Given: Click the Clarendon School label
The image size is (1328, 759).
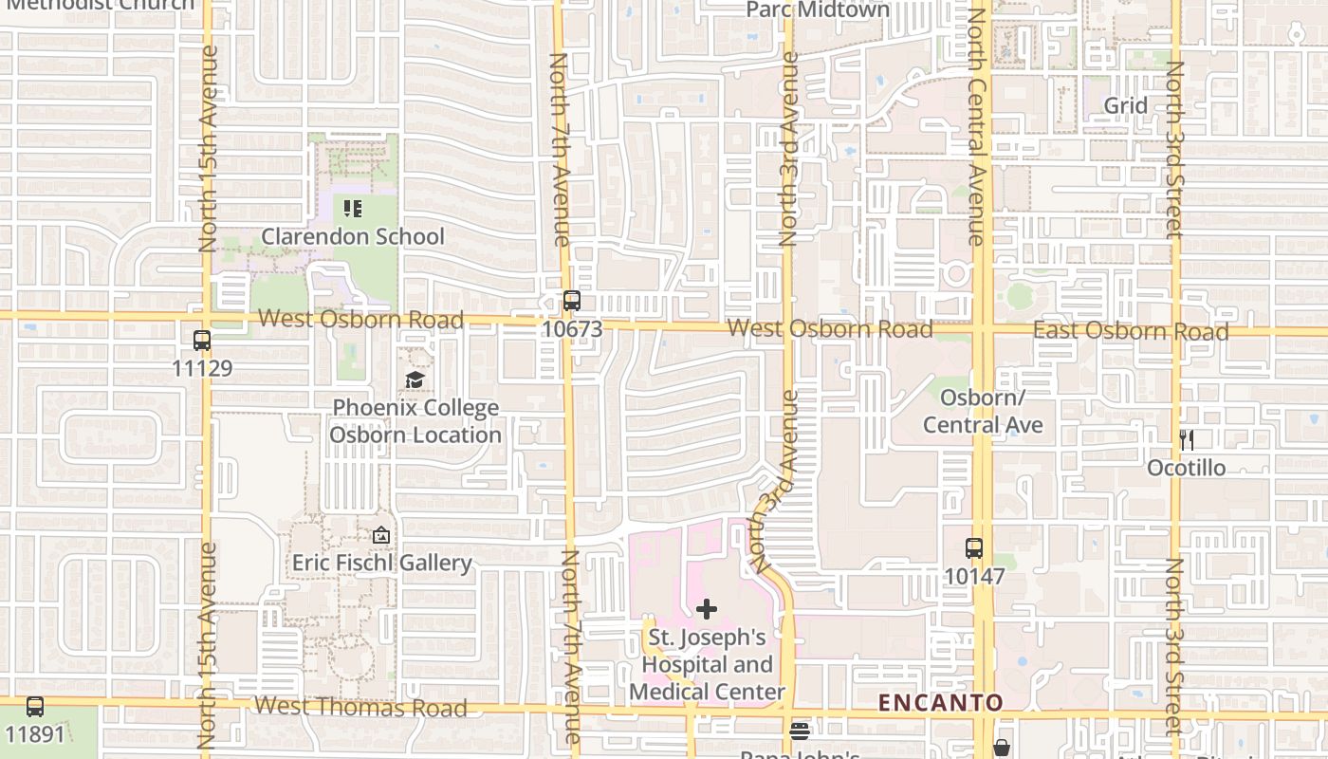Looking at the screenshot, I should pos(353,236).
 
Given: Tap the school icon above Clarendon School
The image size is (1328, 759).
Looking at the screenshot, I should pos(353,208).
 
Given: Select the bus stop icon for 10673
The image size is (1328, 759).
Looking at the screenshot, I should pos(572,301).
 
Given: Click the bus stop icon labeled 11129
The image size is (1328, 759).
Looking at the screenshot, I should pos(202,340).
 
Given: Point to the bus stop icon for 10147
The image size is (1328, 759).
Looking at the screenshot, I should pos(974,548).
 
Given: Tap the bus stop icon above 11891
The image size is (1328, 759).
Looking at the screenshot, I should pos(35,707).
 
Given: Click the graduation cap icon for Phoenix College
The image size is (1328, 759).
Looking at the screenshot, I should pos(415,380).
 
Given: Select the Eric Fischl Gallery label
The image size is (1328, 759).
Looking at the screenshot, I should pos(381,563).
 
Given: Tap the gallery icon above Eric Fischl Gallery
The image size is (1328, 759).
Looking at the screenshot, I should pos(381,536).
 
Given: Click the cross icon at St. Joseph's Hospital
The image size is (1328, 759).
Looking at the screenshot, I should pos(707,609).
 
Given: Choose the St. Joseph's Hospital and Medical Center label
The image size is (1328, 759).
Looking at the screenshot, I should pos(707,664).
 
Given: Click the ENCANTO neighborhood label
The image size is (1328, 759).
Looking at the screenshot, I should pos(940,703).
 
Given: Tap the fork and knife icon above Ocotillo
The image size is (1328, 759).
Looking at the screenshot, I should pos(1186,439).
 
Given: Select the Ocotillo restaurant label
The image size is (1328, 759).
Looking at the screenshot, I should pos(1186,468).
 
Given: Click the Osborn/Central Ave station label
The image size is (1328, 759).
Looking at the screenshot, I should pos(983,411).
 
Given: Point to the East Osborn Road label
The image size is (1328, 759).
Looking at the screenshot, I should pos(1130,331).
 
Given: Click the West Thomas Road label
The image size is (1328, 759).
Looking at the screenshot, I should pos(360,707).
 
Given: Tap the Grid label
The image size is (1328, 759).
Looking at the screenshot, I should pos(1126,105).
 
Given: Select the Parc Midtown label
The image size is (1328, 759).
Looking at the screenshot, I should pos(818,9).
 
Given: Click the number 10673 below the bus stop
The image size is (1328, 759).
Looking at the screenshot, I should pos(572,329).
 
